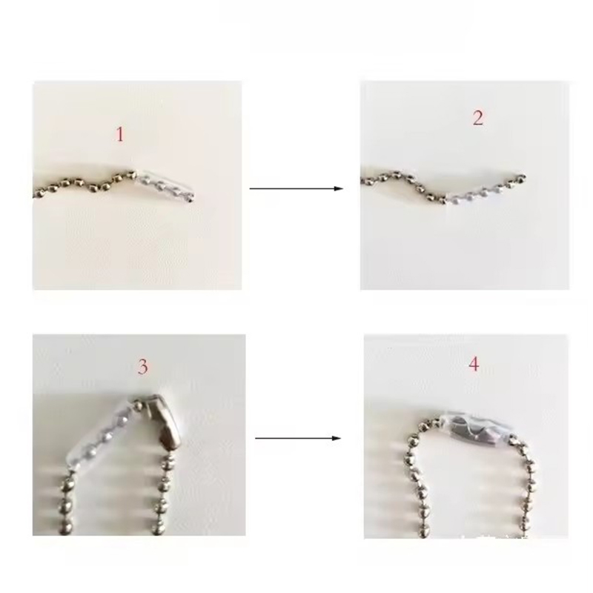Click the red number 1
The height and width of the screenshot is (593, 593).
coord(119,134)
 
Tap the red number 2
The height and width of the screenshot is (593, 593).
coord(478,118)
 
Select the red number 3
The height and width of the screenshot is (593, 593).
coord(142,366)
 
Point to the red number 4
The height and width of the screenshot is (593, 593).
coord(474,364)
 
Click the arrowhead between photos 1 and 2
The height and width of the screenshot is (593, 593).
coord(339,188)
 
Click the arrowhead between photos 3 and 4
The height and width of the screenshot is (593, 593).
coord(337,438)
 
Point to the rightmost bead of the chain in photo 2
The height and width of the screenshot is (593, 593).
coord(522,176)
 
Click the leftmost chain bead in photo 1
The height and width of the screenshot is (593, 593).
coord(38,194)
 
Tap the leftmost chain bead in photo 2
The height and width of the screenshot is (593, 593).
coord(365,182)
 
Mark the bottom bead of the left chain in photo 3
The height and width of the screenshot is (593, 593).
coord(67,526)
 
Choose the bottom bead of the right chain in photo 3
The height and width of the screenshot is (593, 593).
coord(158,529)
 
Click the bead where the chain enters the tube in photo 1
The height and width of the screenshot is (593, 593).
coord(131,175)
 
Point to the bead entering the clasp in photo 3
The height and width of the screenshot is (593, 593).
coord(139,405)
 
